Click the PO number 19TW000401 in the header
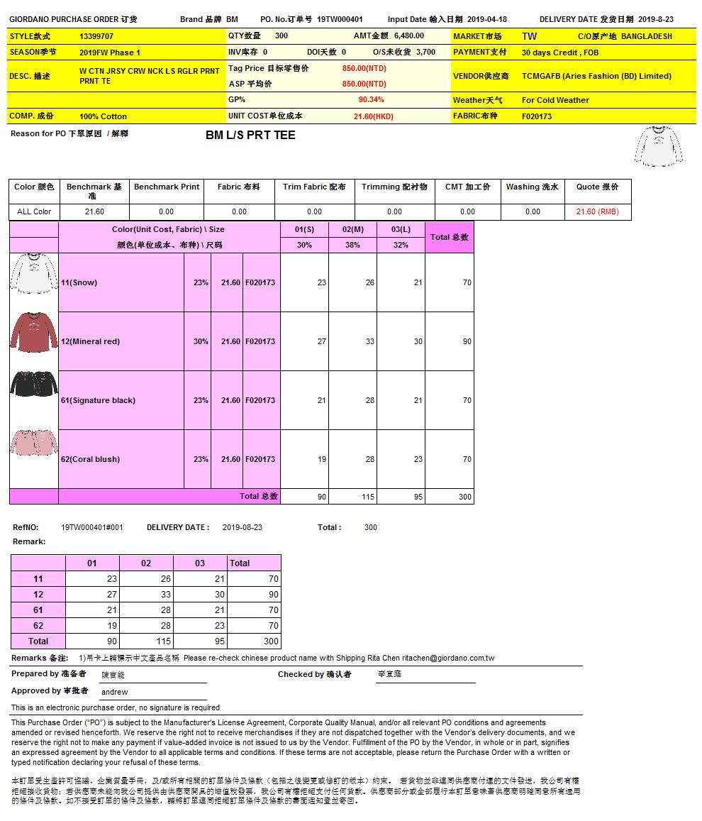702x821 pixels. coord(340,20)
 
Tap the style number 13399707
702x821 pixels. coord(96,36)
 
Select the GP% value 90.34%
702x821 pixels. coord(371,100)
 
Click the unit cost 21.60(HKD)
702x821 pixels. coord(373,116)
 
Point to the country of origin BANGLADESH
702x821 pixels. coord(646,36)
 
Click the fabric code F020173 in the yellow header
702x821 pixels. coord(537,116)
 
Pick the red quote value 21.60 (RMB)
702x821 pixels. coord(597,211)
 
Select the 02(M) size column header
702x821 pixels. coord(352,229)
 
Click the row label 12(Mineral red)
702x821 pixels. coord(90,341)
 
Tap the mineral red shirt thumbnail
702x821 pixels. coord(34,331)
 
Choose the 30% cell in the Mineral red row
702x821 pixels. coord(201,341)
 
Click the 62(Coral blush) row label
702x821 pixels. coord(90,459)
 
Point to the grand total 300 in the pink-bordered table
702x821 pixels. coord(464,497)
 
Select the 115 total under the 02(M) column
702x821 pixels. coord(368,497)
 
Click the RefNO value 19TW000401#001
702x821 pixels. coord(92,527)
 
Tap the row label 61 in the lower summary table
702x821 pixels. coord(38,610)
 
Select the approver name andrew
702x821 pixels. coord(115,692)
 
